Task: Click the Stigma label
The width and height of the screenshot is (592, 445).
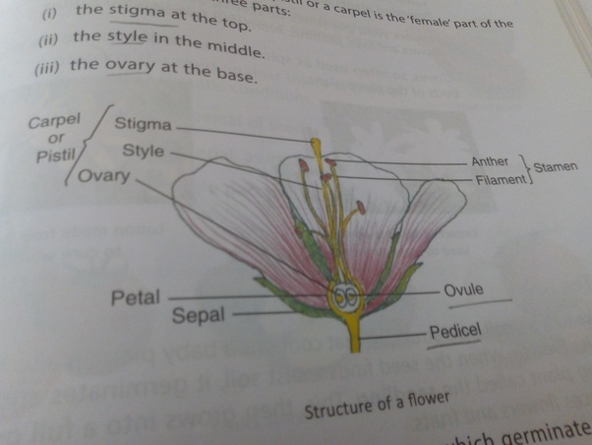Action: [144, 125]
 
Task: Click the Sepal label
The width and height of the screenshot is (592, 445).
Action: [200, 316]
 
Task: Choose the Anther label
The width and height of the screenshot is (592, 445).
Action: [490, 161]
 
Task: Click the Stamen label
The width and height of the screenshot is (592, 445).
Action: [556, 168]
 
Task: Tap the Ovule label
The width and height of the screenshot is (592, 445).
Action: [464, 291]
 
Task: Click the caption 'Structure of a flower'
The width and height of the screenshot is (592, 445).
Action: [377, 403]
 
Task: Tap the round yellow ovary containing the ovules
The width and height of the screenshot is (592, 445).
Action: [345, 294]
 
